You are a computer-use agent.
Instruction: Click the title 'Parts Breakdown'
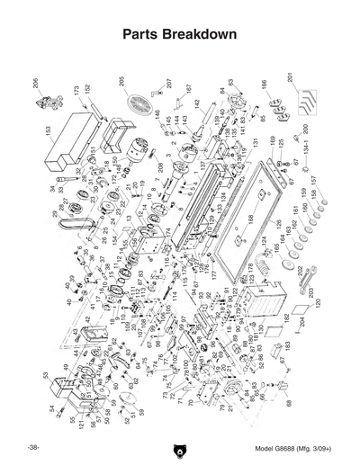click(179, 35)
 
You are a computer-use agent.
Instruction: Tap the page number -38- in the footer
click(32, 448)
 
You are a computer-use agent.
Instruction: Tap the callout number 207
click(168, 84)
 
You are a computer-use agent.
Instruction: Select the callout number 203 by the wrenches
click(310, 291)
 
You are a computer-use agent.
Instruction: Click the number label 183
click(289, 345)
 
